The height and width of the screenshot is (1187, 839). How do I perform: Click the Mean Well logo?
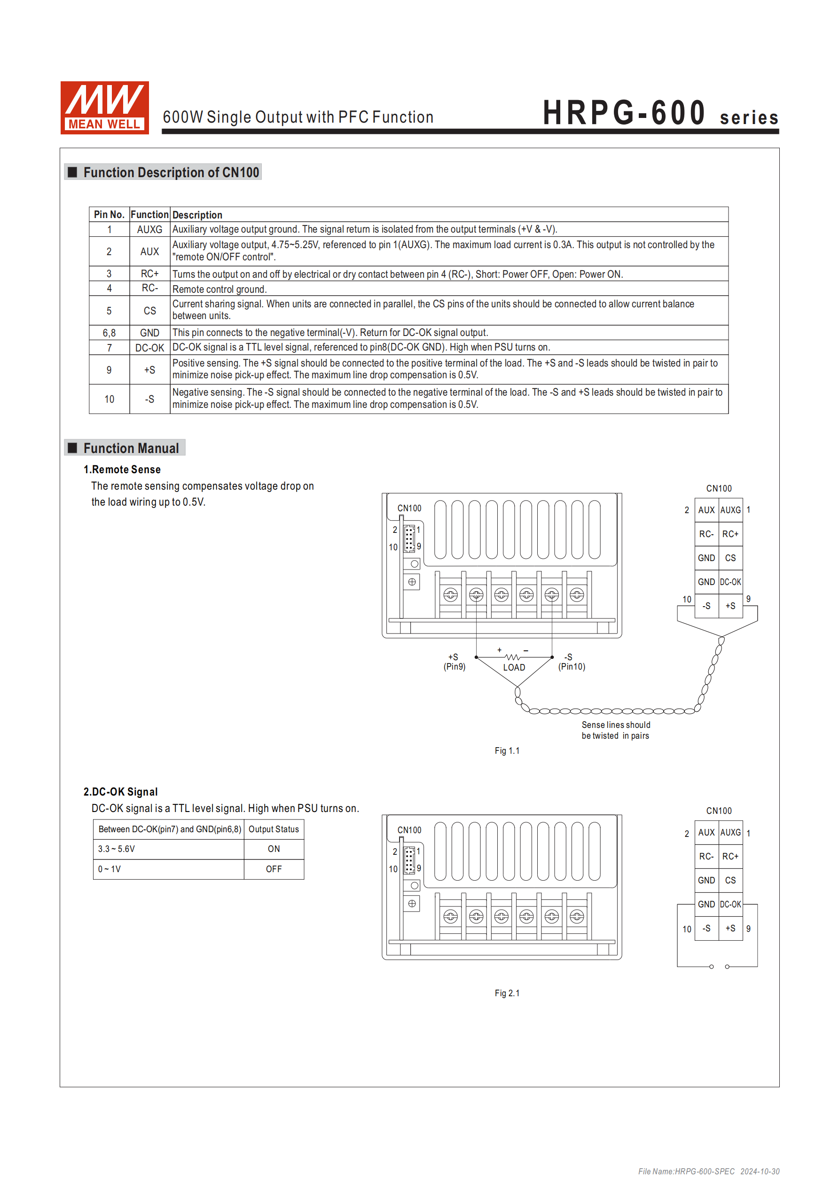coord(104,108)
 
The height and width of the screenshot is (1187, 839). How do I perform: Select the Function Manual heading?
coord(130,448)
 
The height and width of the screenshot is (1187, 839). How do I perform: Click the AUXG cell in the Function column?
coord(149,229)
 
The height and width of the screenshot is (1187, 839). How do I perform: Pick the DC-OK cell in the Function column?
coord(149,348)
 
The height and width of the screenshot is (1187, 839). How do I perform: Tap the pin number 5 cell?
coord(109,311)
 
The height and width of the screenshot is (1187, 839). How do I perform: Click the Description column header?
coord(197,215)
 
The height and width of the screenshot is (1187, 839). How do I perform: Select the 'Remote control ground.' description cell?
coord(220,289)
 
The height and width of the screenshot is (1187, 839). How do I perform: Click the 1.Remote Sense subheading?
coord(122,469)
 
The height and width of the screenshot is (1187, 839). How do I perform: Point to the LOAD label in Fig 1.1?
coord(514,667)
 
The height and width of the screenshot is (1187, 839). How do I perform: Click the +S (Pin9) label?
coord(454,662)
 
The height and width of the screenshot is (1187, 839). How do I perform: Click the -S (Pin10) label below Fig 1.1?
coord(571,662)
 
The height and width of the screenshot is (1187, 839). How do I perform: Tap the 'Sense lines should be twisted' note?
coord(616,730)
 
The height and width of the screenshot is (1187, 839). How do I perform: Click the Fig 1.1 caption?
coord(506,750)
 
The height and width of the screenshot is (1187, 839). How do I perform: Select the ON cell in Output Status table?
coord(274,849)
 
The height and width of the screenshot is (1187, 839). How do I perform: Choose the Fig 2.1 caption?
coord(506,993)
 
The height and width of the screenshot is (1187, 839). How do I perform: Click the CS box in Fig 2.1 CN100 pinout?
coord(730,881)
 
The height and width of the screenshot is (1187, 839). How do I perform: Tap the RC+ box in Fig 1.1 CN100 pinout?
coord(730,534)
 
